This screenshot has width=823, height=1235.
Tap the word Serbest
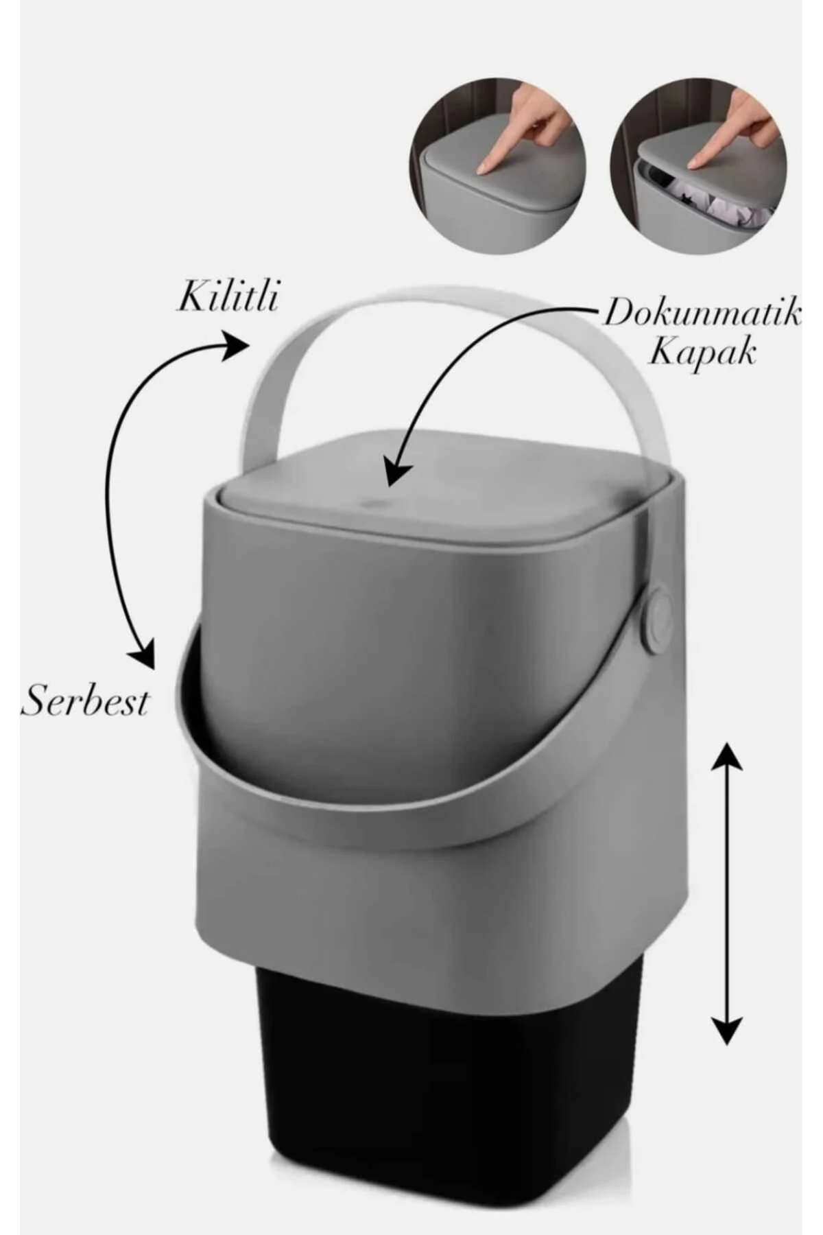pyautogui.click(x=86, y=701)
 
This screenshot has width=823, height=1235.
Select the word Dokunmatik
pyautogui.click(x=701, y=313)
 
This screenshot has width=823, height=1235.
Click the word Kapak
pyautogui.click(x=702, y=353)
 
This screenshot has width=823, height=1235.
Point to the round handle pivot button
pyautogui.click(x=658, y=617)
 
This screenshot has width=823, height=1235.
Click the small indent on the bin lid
pyautogui.click(x=372, y=503)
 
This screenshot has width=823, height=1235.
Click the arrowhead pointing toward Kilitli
pyautogui.click(x=233, y=345)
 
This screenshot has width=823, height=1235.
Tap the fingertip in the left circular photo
pyautogui.click(x=488, y=167)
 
